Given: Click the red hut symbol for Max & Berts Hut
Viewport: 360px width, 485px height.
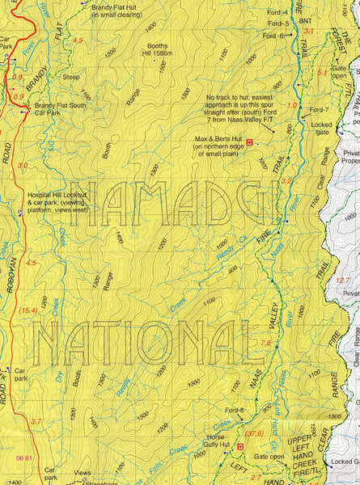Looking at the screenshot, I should point(249,142).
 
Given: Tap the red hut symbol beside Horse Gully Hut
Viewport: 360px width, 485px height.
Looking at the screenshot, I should point(239,445).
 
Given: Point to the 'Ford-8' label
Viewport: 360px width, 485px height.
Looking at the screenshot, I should point(235,411).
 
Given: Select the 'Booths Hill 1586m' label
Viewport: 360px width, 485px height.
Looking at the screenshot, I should point(158,50).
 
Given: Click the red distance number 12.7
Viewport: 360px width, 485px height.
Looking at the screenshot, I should point(343,280).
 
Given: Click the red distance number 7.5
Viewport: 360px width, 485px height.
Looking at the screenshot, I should point(265,343).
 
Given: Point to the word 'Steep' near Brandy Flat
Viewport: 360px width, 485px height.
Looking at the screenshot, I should point(71,78).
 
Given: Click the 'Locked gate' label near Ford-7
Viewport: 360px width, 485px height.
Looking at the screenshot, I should point(321,129).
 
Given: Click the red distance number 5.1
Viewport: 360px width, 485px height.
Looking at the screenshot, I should point(322,72).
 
